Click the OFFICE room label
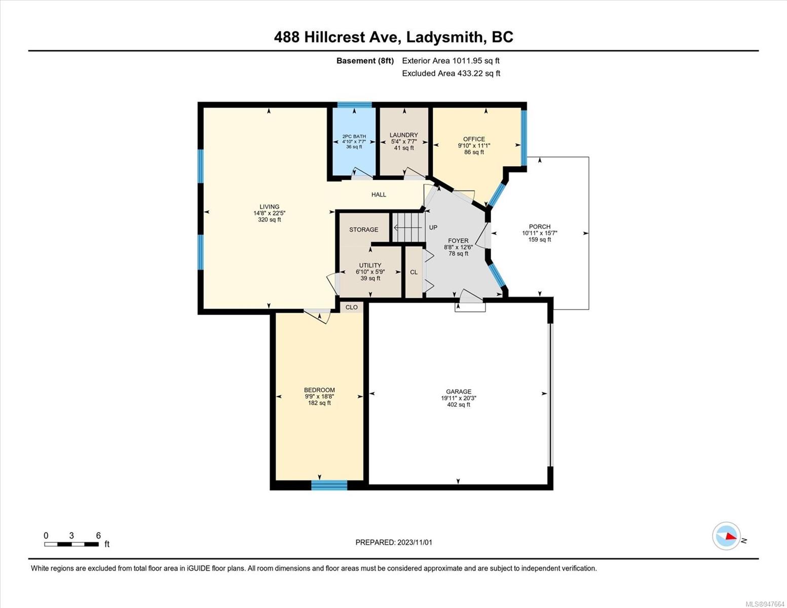474,139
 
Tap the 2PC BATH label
354,136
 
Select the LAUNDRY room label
404,135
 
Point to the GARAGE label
459,392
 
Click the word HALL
379,195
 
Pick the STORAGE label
364,230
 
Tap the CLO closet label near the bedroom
351,307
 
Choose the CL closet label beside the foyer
414,272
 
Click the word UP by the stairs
433,227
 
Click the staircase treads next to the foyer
408,227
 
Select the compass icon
726,536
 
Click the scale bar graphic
71,544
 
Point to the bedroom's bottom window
329,485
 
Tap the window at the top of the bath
355,105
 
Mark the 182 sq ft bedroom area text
319,403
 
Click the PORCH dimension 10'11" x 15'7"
540,233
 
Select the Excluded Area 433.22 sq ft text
451,73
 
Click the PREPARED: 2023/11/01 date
394,543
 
